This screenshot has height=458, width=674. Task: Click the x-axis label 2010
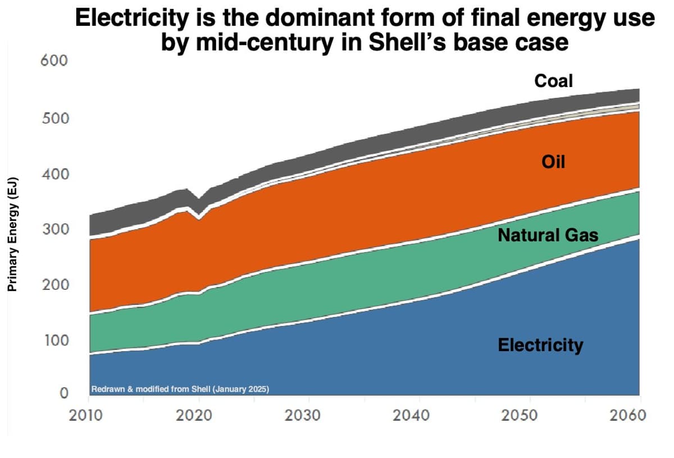click(x=88, y=416)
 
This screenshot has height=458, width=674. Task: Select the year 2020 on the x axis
click(x=199, y=416)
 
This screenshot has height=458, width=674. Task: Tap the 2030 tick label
click(x=309, y=416)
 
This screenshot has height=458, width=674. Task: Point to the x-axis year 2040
click(x=419, y=416)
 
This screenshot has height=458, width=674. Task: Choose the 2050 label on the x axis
click(x=530, y=416)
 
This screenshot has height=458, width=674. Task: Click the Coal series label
click(x=553, y=81)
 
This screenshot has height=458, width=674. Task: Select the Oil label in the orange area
click(x=553, y=162)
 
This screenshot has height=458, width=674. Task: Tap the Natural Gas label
click(x=548, y=235)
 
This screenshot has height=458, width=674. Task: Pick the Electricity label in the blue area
click(x=540, y=344)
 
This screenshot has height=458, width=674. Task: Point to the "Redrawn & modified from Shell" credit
click(x=180, y=389)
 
